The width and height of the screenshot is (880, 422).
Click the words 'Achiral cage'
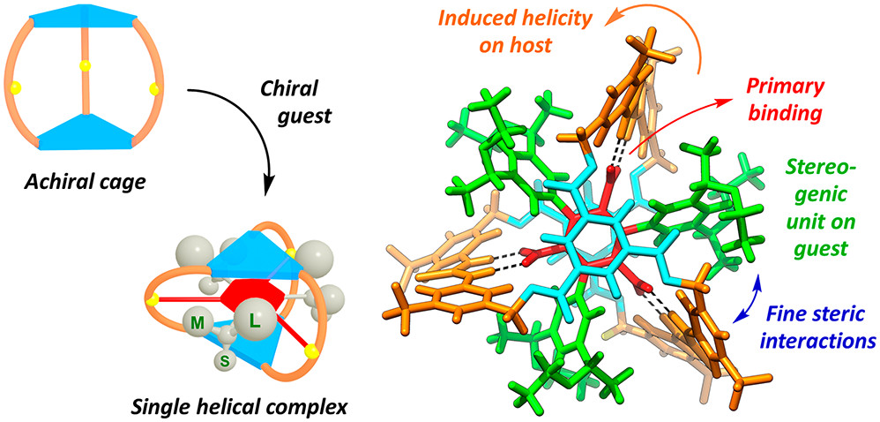point(86,185)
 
